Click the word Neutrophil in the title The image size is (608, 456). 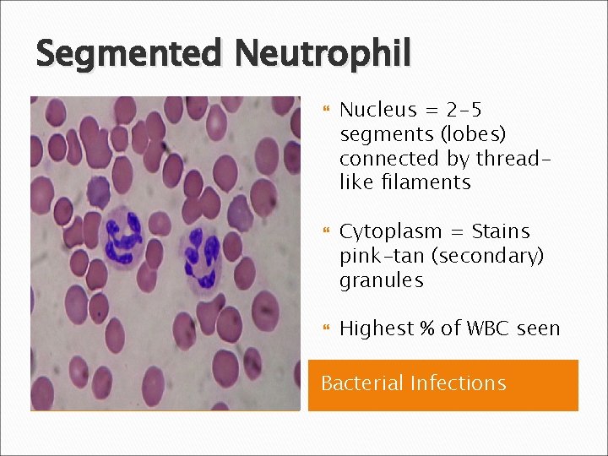click(323, 55)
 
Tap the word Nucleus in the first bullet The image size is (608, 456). click(378, 110)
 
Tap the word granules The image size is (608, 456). click(381, 280)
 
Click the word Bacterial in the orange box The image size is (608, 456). click(362, 383)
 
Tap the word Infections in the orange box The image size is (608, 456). click(459, 383)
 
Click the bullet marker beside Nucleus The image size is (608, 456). click(324, 110)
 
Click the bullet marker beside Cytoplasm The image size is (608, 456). click(324, 231)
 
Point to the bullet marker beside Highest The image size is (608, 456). click(324, 328)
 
